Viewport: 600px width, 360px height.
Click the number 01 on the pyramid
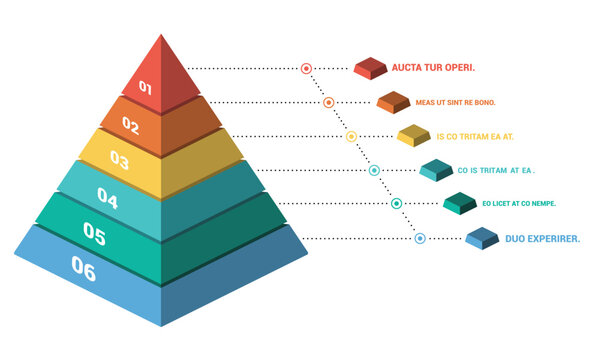tap(146, 88)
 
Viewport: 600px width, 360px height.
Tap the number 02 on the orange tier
tap(131, 125)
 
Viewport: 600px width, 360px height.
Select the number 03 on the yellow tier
tap(119, 159)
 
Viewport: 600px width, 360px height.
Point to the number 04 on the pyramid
tap(107, 199)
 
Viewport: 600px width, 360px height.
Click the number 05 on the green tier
tap(95, 234)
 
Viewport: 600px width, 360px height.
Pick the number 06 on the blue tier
tap(84, 269)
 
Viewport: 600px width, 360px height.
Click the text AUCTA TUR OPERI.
tap(433, 68)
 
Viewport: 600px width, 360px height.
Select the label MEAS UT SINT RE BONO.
tap(456, 102)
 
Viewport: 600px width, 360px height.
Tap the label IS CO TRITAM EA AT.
tap(475, 136)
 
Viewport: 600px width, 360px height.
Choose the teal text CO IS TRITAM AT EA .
tap(497, 170)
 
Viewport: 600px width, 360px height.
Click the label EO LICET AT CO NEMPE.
tap(519, 204)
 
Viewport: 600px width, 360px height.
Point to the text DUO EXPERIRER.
tap(543, 239)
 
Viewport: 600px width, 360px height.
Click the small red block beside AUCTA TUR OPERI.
tap(371, 68)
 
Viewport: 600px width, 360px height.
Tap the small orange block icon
tap(393, 102)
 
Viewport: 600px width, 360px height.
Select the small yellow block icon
tap(414, 136)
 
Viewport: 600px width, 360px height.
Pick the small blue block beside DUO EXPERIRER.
tap(483, 239)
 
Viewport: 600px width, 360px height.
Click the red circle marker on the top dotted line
tap(307, 68)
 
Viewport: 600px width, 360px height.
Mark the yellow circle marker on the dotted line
tap(351, 136)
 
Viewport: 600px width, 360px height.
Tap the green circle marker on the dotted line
tap(397, 204)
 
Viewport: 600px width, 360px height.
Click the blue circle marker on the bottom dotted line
tap(420, 238)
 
